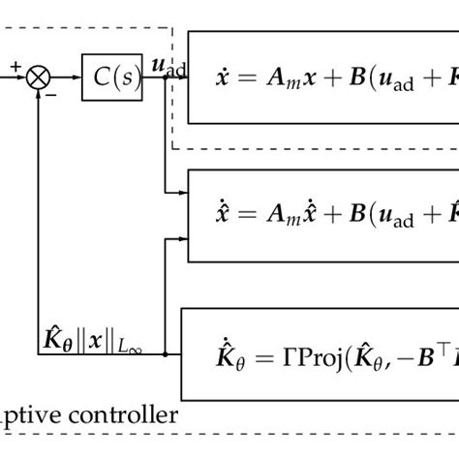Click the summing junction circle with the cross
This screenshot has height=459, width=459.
40,76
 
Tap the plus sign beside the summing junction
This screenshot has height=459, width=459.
16,66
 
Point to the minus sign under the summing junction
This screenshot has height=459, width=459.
50,95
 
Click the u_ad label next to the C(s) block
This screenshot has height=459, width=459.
164,68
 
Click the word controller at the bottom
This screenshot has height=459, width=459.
131,416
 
